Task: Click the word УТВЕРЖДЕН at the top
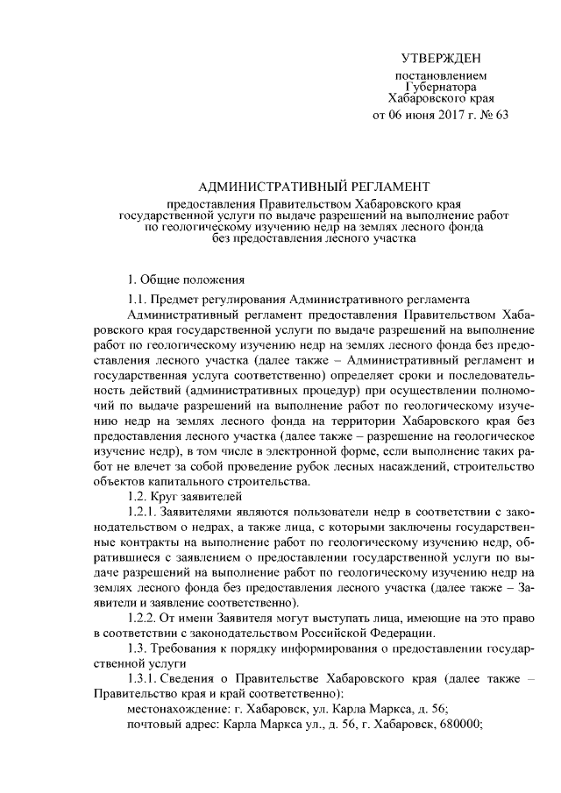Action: [x=442, y=59]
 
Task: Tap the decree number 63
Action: [x=501, y=115]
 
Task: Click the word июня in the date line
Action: [x=415, y=115]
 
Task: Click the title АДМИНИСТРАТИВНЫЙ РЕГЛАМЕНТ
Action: [x=316, y=186]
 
